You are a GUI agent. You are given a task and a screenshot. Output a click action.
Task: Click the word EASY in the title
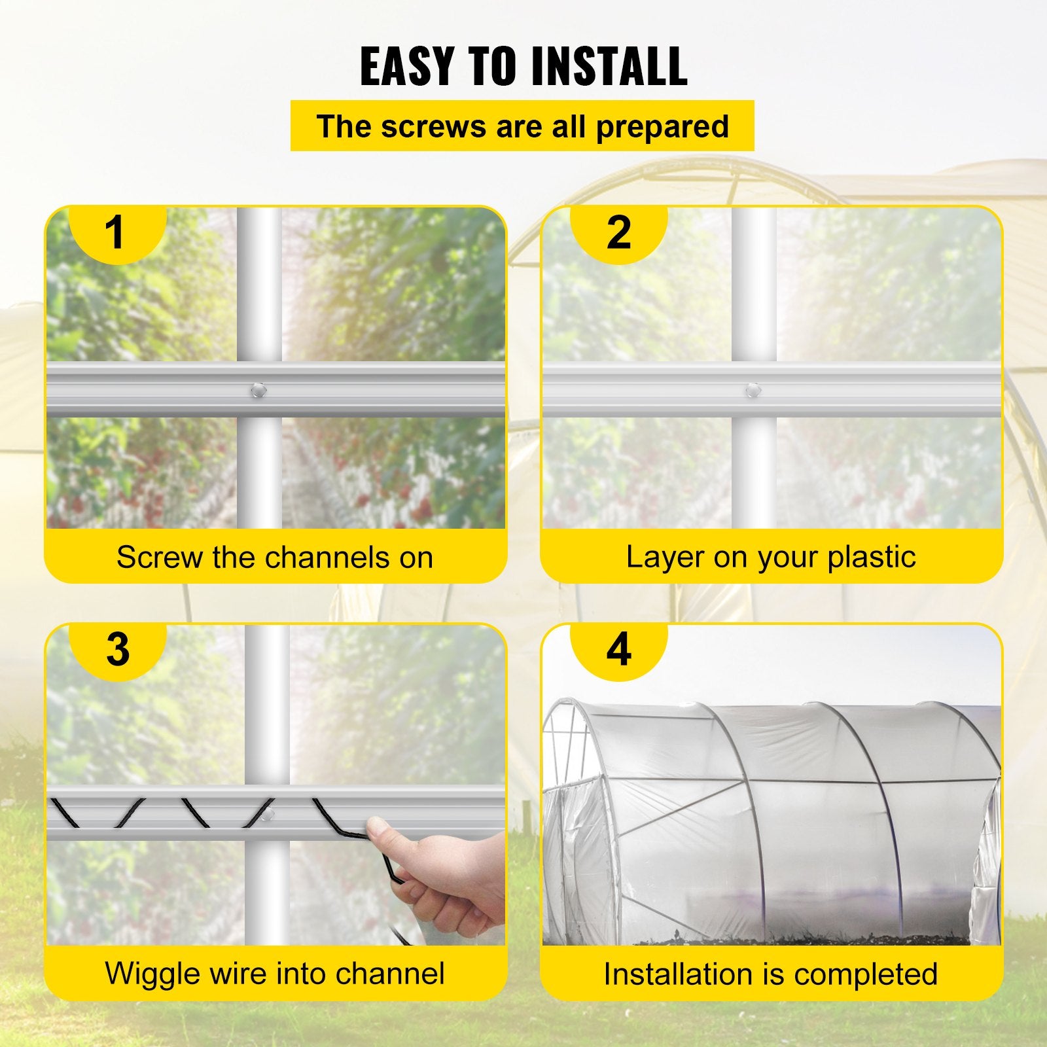pyautogui.click(x=406, y=67)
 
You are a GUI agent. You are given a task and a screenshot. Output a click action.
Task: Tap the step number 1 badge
pyautogui.click(x=116, y=232)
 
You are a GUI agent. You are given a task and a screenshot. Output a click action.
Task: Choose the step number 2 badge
pyautogui.click(x=618, y=232)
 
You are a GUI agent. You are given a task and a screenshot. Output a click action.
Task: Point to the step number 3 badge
pyautogui.click(x=118, y=649)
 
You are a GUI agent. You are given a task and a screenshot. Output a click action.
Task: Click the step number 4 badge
pyautogui.click(x=618, y=649)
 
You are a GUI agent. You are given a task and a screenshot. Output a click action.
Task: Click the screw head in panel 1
pyautogui.click(x=258, y=391)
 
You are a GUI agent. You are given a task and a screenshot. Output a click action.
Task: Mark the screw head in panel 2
pyautogui.click(x=753, y=391)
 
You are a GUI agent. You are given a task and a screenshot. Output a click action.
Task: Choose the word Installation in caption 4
pyautogui.click(x=683, y=974)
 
